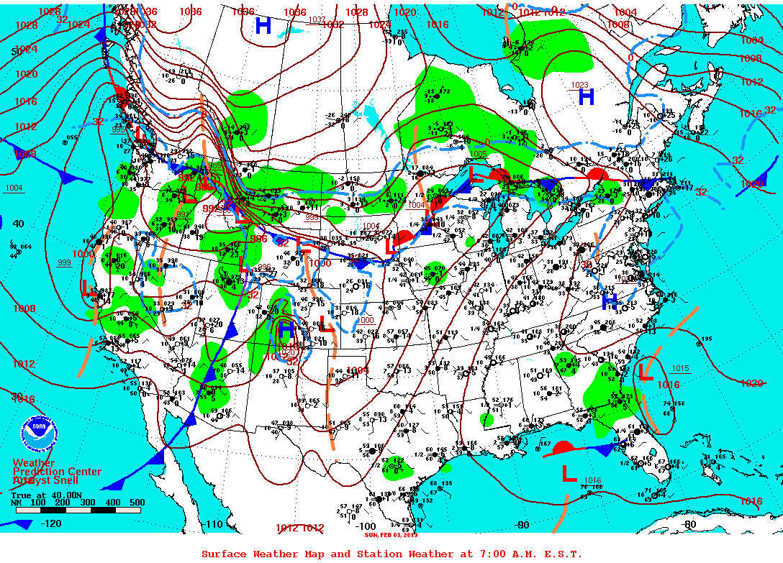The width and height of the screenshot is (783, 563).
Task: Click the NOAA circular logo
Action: pyautogui.click(x=37, y=434)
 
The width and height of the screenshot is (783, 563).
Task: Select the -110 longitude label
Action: pyautogui.click(x=214, y=524)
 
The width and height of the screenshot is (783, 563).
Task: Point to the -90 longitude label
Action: pyautogui.click(x=522, y=525)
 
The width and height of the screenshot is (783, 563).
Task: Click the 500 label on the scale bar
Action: pyautogui.click(x=136, y=503)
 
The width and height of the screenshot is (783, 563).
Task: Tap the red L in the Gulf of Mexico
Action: pyautogui.click(x=569, y=473)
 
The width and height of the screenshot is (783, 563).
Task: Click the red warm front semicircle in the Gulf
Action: pyautogui.click(x=562, y=447)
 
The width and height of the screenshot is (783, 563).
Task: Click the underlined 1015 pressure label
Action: pyautogui.click(x=680, y=369)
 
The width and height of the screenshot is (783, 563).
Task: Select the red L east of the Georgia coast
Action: pyautogui.click(x=646, y=372)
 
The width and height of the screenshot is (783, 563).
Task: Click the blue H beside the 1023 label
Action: pyautogui.click(x=587, y=96)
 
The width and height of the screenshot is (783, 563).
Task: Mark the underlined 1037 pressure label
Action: pyautogui.click(x=317, y=19)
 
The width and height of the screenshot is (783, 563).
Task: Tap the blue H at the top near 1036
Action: pyautogui.click(x=263, y=26)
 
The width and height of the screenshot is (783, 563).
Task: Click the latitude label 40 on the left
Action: pyautogui.click(x=19, y=224)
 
